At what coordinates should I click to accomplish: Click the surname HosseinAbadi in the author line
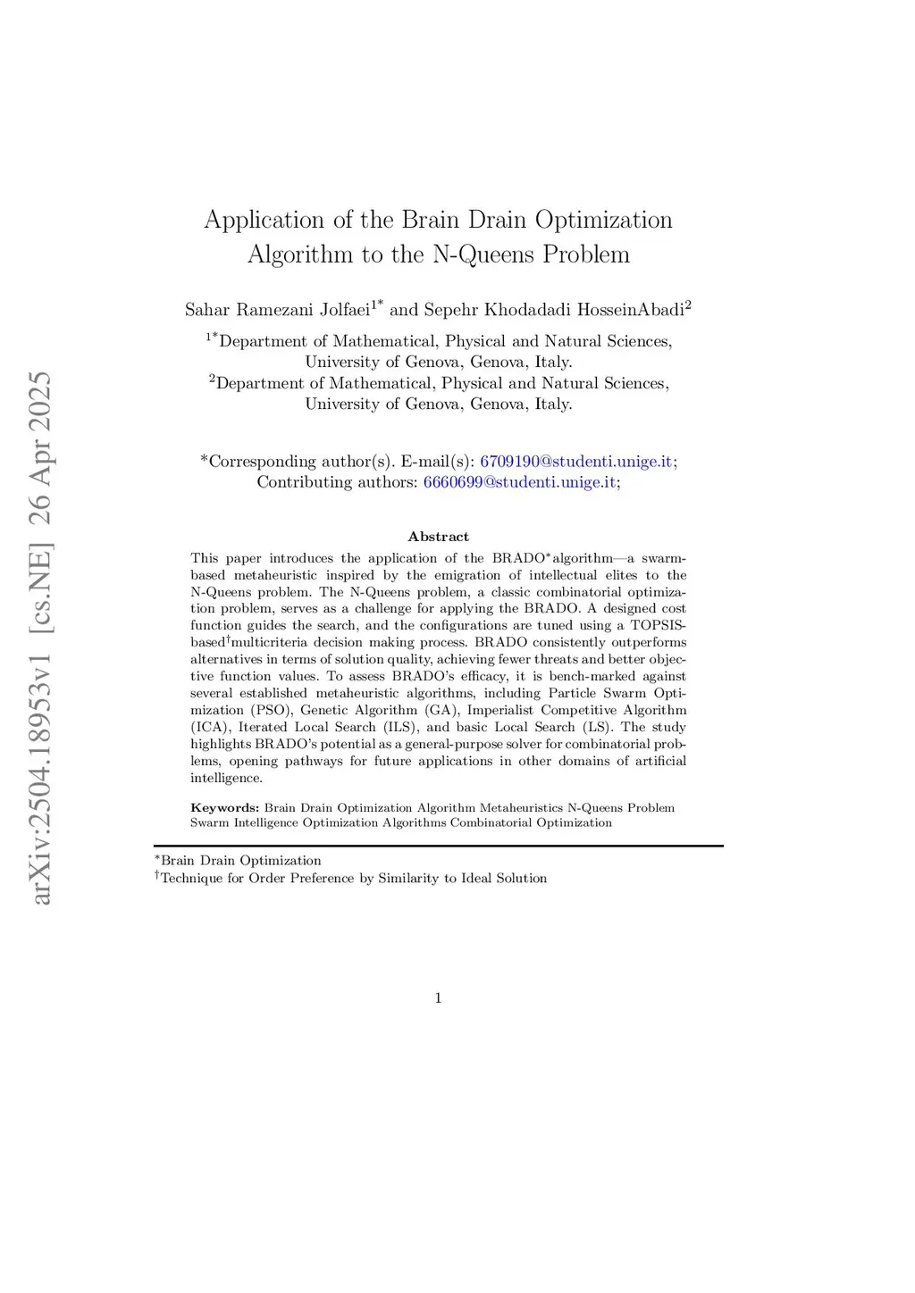tap(630, 310)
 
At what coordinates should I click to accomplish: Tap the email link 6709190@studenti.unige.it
tap(576, 462)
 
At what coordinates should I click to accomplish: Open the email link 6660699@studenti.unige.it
tap(519, 482)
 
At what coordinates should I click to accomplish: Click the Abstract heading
tap(438, 537)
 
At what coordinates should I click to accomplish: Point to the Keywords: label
tap(224, 808)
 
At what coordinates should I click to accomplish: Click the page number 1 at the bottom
tap(438, 998)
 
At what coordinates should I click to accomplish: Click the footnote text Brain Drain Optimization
tap(240, 861)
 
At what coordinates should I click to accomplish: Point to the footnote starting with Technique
tap(353, 879)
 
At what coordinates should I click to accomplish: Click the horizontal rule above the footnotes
tap(438, 846)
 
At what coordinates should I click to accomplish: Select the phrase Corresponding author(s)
tap(300, 462)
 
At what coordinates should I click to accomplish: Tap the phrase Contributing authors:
tap(337, 482)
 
